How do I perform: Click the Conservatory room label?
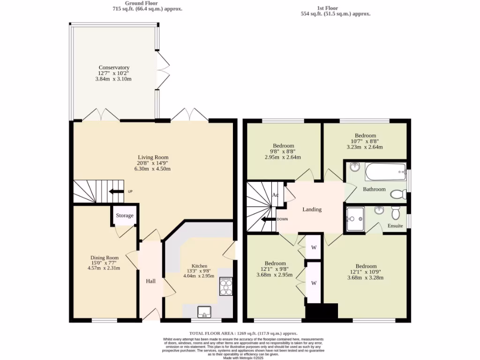(114, 67)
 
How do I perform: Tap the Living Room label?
(153, 157)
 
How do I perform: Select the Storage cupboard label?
(125, 216)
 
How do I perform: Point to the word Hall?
(150, 281)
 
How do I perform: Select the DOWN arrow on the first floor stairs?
(268, 219)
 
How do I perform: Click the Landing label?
(312, 210)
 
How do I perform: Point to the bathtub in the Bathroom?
(385, 172)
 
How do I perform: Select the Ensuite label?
(395, 226)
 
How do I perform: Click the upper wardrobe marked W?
(313, 247)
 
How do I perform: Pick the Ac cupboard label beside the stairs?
(276, 195)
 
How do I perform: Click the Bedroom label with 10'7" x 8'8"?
(365, 135)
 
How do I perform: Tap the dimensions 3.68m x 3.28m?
(365, 277)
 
